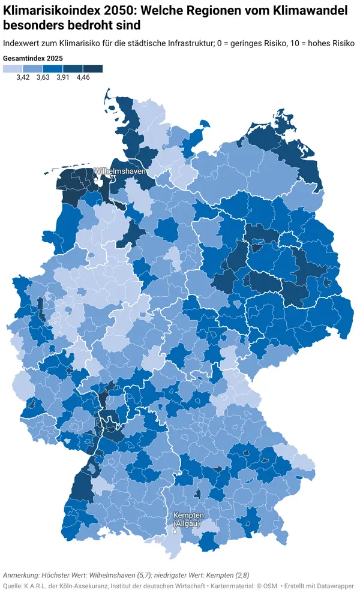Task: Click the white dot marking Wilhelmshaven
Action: coord(97,177)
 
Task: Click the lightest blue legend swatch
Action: coord(13,69)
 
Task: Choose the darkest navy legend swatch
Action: coord(93,69)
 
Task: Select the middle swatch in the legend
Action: coord(53,69)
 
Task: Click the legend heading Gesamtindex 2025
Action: coord(33,58)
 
